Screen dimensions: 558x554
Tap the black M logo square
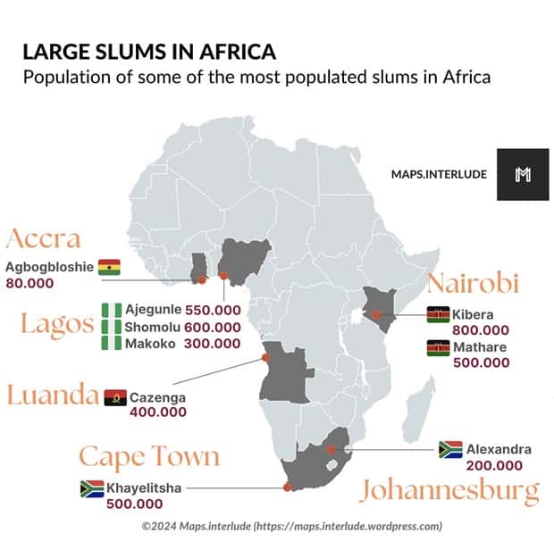(523, 174)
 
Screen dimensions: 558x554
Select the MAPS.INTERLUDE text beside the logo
(439, 174)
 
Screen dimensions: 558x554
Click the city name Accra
(44, 239)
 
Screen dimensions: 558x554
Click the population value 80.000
(30, 283)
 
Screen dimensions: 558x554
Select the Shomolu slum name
(154, 327)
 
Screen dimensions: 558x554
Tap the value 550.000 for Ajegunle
(213, 310)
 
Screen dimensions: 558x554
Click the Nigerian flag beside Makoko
(111, 344)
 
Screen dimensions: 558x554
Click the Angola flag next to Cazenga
(114, 397)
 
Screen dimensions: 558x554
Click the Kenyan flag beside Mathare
(438, 347)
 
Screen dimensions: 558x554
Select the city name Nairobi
(472, 284)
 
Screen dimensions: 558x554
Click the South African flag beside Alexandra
(449, 449)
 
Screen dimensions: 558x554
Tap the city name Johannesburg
(450, 491)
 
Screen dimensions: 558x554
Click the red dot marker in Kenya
(377, 314)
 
